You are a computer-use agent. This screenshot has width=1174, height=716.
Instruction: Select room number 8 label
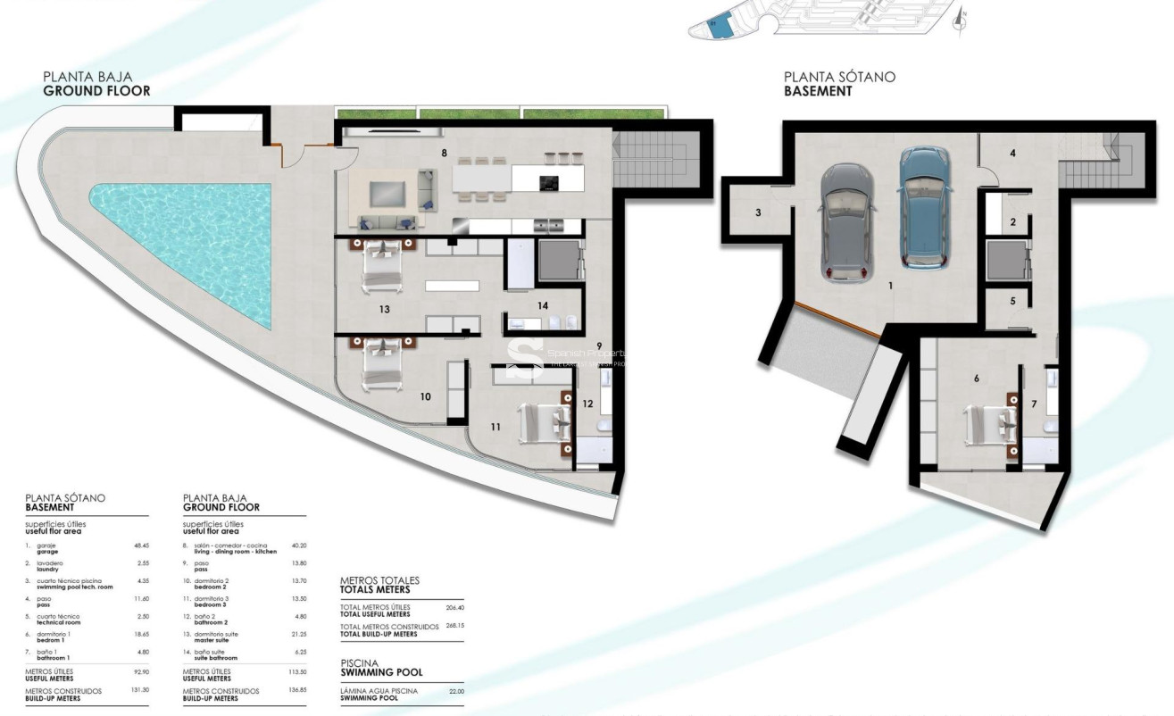444,153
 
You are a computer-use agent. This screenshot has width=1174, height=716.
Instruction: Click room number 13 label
385,310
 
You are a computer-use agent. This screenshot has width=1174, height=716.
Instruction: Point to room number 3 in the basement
758,212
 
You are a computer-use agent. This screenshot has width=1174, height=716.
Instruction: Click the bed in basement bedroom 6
990,420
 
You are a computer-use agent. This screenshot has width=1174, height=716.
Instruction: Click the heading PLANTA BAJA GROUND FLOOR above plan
96,84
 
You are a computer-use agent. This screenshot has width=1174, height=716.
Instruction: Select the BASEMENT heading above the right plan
818,91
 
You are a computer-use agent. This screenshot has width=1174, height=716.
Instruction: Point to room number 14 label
542,305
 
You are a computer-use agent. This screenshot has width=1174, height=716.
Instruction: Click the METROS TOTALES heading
379,585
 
